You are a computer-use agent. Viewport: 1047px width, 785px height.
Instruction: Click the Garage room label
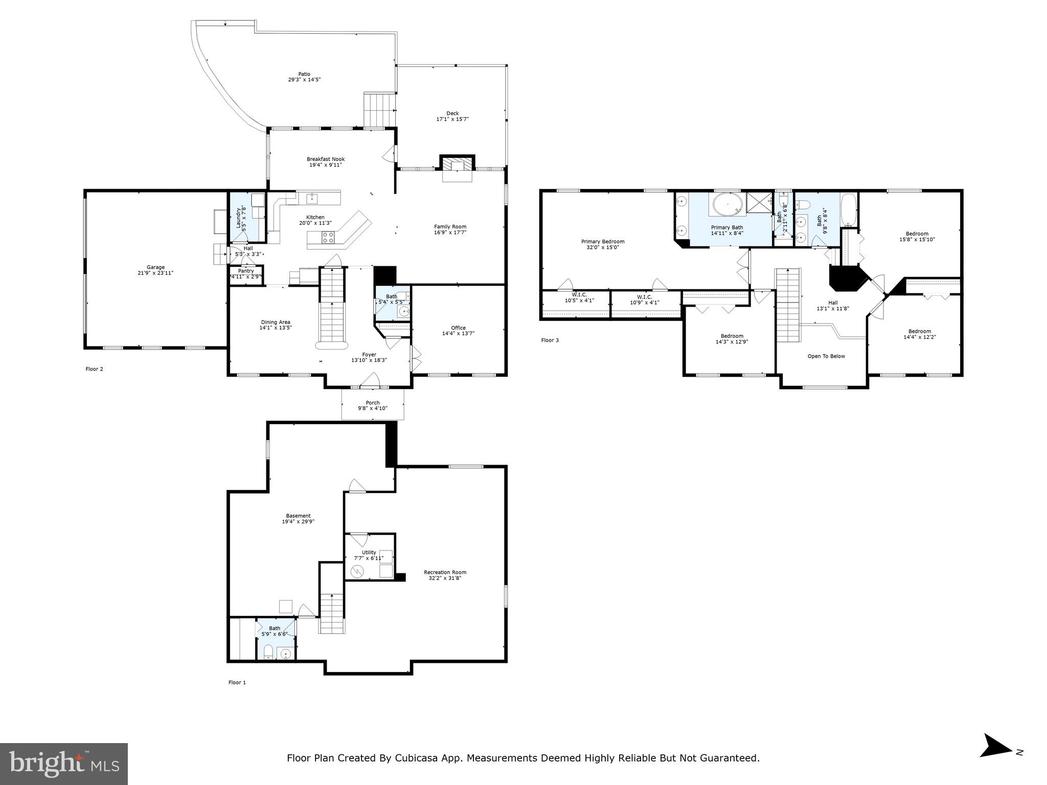coord(156,267)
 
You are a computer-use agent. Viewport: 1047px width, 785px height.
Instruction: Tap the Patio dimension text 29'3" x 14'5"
coord(304,80)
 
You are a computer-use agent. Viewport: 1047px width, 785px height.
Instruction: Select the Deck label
coord(452,113)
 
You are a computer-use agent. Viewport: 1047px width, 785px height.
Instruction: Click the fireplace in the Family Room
coord(457,165)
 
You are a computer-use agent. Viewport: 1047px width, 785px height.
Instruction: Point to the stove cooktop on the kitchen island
coord(328,237)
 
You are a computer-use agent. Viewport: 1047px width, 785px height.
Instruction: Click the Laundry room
coord(246,217)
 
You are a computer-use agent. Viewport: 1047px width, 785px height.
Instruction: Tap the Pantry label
coord(246,271)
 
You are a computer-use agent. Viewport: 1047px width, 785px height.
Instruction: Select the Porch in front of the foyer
coord(373,405)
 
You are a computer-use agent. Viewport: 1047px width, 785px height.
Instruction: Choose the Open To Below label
coord(826,356)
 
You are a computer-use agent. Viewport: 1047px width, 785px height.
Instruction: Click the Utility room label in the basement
coord(369,552)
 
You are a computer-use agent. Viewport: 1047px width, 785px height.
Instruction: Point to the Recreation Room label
coord(445,572)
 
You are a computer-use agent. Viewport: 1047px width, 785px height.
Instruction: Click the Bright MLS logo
coord(64,764)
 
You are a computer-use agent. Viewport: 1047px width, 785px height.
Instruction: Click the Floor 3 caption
coord(550,340)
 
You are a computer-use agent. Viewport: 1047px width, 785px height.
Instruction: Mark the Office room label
coord(458,328)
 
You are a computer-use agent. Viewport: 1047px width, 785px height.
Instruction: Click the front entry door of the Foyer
coord(370,382)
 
